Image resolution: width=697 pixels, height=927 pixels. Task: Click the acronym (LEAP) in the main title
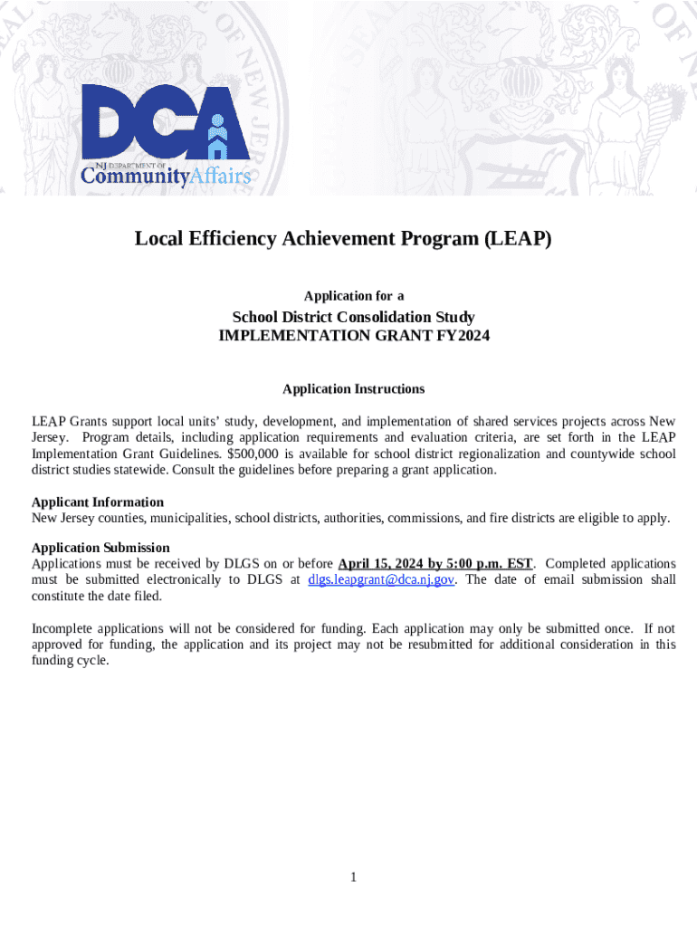click(x=517, y=239)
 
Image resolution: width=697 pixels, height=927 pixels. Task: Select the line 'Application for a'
click(x=354, y=296)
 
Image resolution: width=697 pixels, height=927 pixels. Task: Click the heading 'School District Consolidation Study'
click(x=354, y=317)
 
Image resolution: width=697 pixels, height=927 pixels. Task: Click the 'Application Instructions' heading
click(x=353, y=389)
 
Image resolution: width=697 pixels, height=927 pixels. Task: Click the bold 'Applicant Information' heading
click(x=98, y=502)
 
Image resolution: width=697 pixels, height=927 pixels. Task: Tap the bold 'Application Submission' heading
click(x=100, y=548)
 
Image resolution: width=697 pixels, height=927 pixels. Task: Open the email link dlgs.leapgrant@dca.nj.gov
click(x=381, y=579)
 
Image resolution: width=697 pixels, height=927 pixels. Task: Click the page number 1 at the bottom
click(x=354, y=877)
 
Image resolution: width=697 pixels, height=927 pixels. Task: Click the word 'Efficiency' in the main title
click(x=228, y=239)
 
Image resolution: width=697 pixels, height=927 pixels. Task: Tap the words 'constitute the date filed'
click(x=99, y=596)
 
